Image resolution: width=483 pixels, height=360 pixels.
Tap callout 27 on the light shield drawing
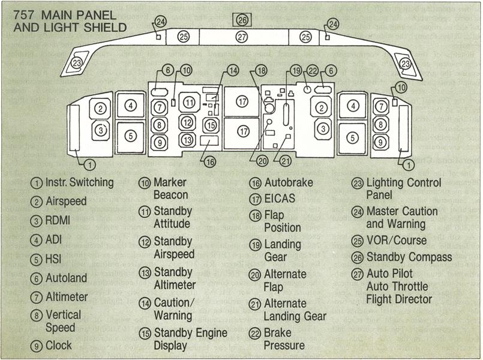(x=242, y=37)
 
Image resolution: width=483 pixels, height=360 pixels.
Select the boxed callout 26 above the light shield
(x=242, y=20)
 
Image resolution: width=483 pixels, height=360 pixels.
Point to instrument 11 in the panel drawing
(x=190, y=103)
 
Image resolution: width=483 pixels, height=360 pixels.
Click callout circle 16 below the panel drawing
(x=208, y=161)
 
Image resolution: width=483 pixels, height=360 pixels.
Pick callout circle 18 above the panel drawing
(x=260, y=71)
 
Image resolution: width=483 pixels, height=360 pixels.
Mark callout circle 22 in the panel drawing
(x=312, y=71)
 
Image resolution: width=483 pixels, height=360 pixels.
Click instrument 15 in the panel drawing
(x=210, y=125)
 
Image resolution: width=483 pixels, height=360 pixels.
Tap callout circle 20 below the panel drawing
(x=262, y=160)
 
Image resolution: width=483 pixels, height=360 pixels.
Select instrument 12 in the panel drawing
(x=188, y=122)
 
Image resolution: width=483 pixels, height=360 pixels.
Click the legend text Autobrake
(x=289, y=182)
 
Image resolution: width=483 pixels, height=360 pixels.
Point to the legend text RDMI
(x=58, y=220)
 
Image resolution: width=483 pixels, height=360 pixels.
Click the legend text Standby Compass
(x=409, y=257)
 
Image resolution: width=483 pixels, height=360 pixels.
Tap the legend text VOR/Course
(x=397, y=240)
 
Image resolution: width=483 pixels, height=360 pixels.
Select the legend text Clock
(x=59, y=345)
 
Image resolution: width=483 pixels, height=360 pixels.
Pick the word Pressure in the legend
(x=284, y=345)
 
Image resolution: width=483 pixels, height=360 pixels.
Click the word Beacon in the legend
(x=171, y=195)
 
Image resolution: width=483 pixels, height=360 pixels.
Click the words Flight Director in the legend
(x=399, y=299)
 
